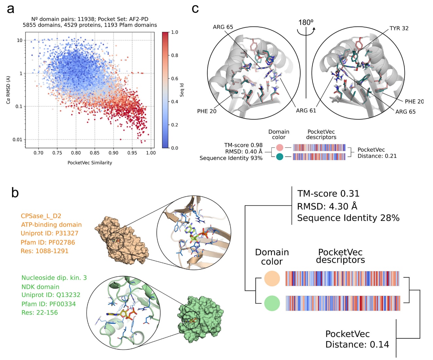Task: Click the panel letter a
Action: (x=11, y=9)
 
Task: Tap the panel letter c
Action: (x=195, y=9)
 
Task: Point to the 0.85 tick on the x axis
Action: (x=95, y=153)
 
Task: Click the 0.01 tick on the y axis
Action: (x=17, y=139)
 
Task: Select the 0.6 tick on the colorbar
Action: (x=175, y=78)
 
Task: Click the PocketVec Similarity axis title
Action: (x=90, y=163)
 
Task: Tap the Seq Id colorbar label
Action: (x=182, y=90)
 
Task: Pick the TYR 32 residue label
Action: (x=399, y=28)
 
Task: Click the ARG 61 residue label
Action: (x=306, y=110)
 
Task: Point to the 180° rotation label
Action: (x=306, y=23)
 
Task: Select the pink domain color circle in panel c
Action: (x=280, y=148)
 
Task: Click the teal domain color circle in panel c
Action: (x=280, y=157)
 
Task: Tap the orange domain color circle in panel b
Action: (x=272, y=279)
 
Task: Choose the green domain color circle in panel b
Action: (x=272, y=303)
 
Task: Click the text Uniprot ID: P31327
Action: (x=49, y=233)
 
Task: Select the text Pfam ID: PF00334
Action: (x=48, y=304)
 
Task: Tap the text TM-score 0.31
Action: (x=328, y=194)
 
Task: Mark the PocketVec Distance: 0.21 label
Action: (x=377, y=153)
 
